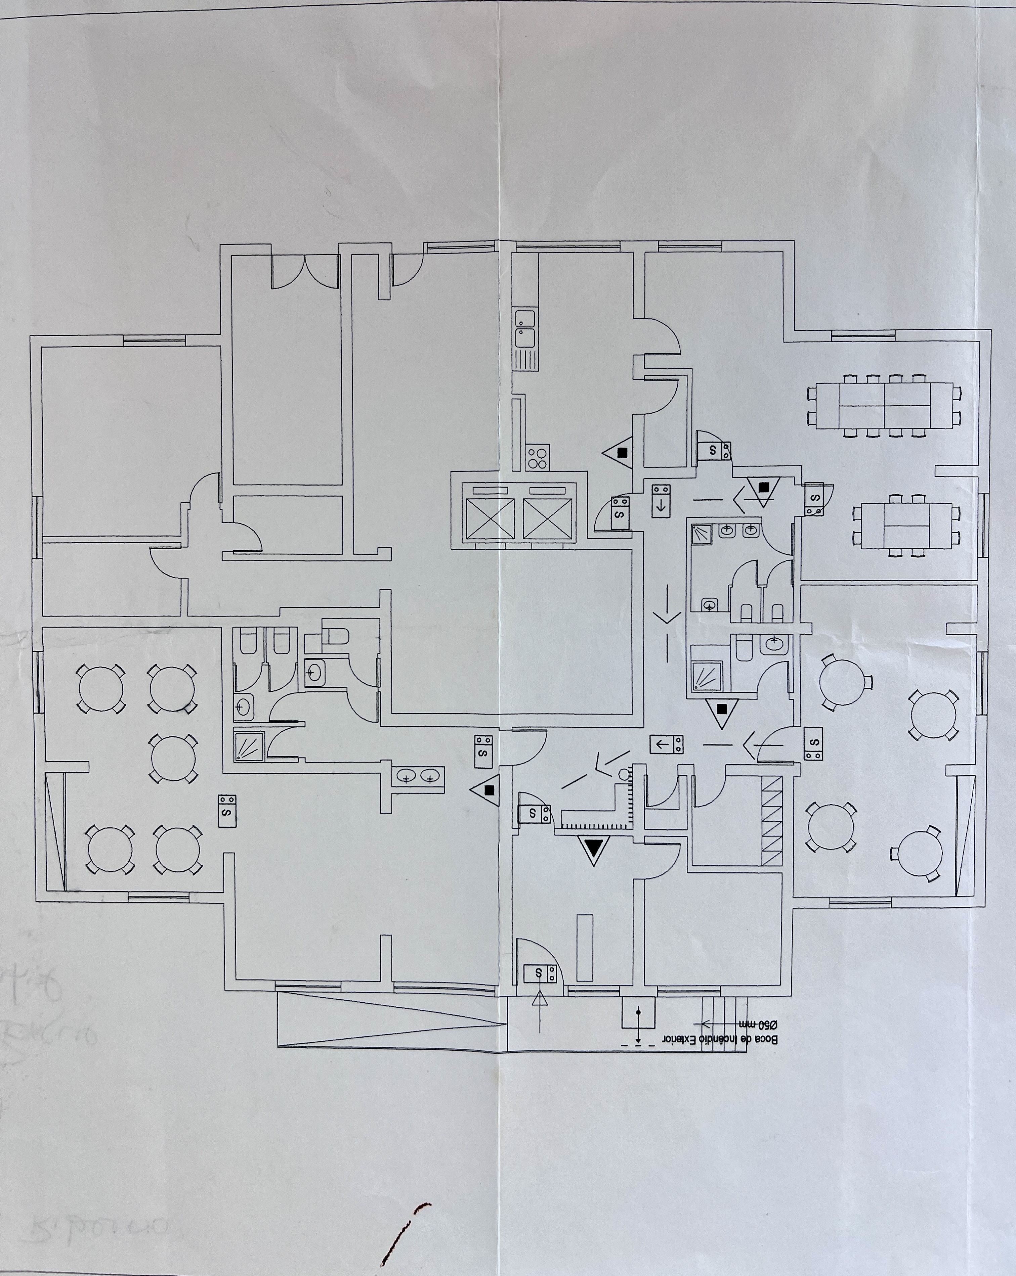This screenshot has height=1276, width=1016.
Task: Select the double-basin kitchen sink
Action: pyautogui.click(x=525, y=329)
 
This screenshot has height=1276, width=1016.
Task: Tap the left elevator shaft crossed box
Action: pyautogui.click(x=490, y=519)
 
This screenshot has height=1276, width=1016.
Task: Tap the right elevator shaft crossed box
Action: pyautogui.click(x=548, y=519)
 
